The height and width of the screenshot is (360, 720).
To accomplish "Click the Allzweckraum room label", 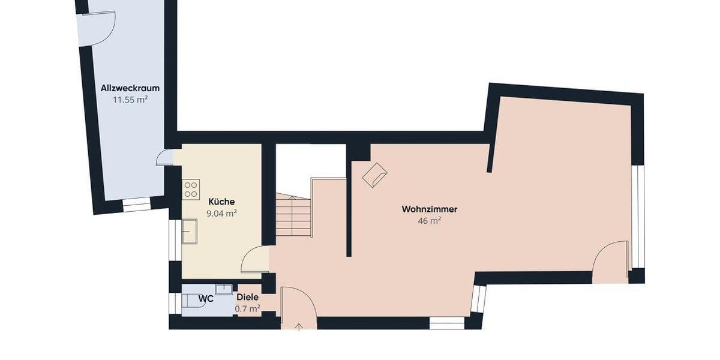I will point(130,88).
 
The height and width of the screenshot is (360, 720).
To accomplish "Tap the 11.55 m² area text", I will point(130,100).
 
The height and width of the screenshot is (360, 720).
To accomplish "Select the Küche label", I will point(221,202).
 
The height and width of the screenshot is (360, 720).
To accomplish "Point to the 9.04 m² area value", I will point(221,213).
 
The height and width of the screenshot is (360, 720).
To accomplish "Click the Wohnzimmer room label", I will point(430,209).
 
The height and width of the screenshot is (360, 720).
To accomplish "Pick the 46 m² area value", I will point(430,221).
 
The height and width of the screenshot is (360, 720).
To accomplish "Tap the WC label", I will point(206,298).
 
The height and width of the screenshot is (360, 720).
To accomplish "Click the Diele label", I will point(248,297).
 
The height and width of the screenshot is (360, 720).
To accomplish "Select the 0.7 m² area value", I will point(248,309).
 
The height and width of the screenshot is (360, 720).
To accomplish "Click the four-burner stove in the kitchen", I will point(191,190).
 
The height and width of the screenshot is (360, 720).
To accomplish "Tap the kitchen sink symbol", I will point(190,232).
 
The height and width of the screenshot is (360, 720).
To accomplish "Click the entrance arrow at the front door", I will point(299,326).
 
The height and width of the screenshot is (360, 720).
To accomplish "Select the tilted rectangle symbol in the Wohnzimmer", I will point(374,175).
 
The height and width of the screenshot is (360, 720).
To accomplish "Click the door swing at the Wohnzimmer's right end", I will point(610,262).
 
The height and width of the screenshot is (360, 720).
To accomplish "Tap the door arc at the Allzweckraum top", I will point(98,28).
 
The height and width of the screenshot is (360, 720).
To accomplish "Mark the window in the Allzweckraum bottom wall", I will point(137,205).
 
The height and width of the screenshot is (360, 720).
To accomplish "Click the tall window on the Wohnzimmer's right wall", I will point(638,216).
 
